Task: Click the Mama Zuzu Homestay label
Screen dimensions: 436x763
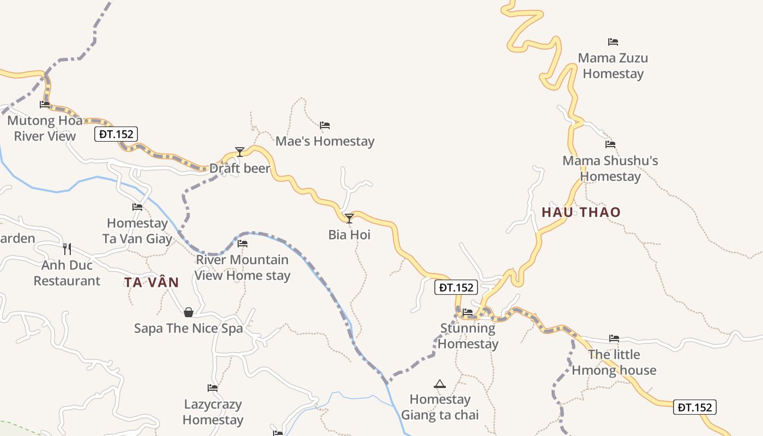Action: point(613,66)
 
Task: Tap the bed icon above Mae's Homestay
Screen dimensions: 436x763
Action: point(325,125)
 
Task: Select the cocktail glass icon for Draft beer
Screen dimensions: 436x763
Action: point(239,152)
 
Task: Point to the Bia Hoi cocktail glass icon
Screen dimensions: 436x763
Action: point(349,219)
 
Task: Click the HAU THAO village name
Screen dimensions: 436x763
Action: point(581,213)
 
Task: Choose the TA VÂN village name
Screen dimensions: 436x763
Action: point(152,282)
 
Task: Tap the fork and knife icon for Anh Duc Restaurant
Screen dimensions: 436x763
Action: point(67,249)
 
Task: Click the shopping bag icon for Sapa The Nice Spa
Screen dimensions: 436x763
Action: point(189,312)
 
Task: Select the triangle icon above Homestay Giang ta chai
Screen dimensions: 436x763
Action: point(440,384)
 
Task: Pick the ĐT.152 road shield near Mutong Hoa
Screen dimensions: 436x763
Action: point(116,134)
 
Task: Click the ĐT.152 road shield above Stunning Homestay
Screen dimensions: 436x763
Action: point(456,287)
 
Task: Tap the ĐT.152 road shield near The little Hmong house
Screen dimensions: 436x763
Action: point(695,407)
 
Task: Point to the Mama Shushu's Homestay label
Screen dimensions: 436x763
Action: point(610,168)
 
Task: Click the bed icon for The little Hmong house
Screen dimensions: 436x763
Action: point(614,338)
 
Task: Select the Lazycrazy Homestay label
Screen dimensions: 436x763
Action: point(213,412)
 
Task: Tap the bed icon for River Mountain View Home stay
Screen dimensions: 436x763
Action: point(243,243)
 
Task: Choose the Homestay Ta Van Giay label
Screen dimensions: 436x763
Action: point(137,231)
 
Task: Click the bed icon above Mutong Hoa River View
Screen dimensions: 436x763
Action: point(45,104)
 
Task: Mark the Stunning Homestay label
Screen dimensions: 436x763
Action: point(468,336)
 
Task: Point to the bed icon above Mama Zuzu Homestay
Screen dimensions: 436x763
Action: point(613,42)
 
